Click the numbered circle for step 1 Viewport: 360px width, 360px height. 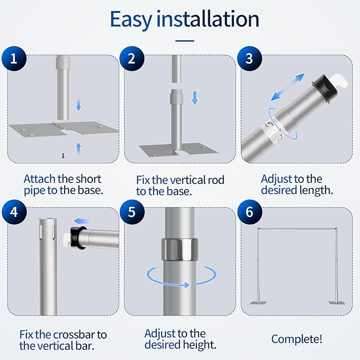click(x=14, y=58)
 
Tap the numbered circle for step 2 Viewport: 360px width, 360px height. click(x=132, y=58)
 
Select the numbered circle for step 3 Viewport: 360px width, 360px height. click(x=250, y=58)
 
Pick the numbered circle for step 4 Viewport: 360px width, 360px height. click(x=14, y=212)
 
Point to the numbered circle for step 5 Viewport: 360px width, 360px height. click(x=132, y=212)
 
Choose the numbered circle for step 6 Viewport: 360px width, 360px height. click(x=250, y=212)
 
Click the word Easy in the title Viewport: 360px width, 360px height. click(x=131, y=20)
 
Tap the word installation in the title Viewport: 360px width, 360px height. click(x=208, y=19)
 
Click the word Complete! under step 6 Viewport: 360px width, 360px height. click(x=296, y=339)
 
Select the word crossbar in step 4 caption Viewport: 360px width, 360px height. click(x=73, y=335)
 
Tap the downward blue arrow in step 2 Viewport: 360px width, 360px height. click(x=195, y=98)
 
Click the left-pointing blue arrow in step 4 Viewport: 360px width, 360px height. click(x=81, y=221)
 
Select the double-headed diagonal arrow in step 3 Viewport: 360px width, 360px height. click(x=288, y=87)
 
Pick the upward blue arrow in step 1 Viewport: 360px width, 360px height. click(x=79, y=148)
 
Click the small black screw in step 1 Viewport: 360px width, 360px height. click(x=63, y=155)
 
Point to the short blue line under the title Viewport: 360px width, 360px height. click(x=185, y=41)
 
